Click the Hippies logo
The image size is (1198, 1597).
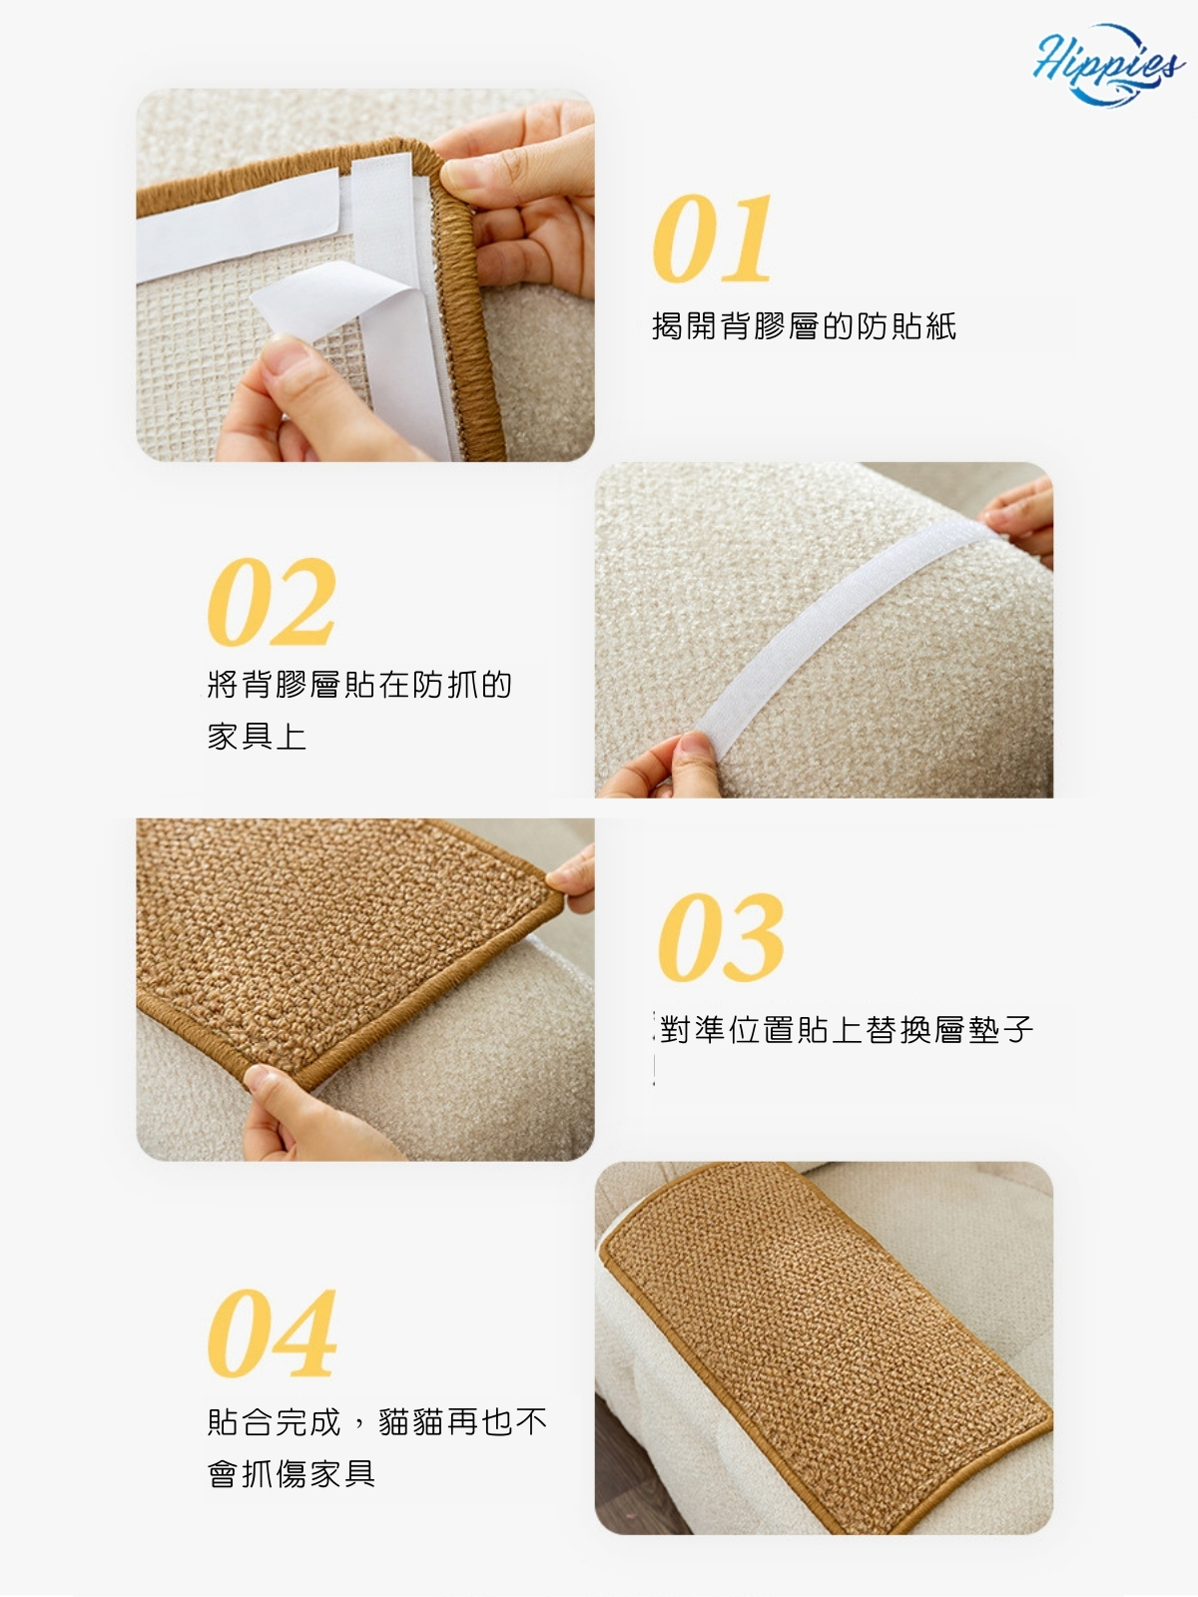1108,63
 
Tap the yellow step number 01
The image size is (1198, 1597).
712,238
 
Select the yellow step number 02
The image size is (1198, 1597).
272,602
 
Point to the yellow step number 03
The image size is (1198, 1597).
721,937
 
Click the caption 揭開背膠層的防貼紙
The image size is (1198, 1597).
804,325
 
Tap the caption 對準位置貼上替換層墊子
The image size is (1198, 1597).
847,1029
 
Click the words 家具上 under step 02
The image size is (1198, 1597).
257,736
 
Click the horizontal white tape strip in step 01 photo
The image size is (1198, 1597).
238,225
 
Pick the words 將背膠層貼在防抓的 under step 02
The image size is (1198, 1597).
359,683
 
